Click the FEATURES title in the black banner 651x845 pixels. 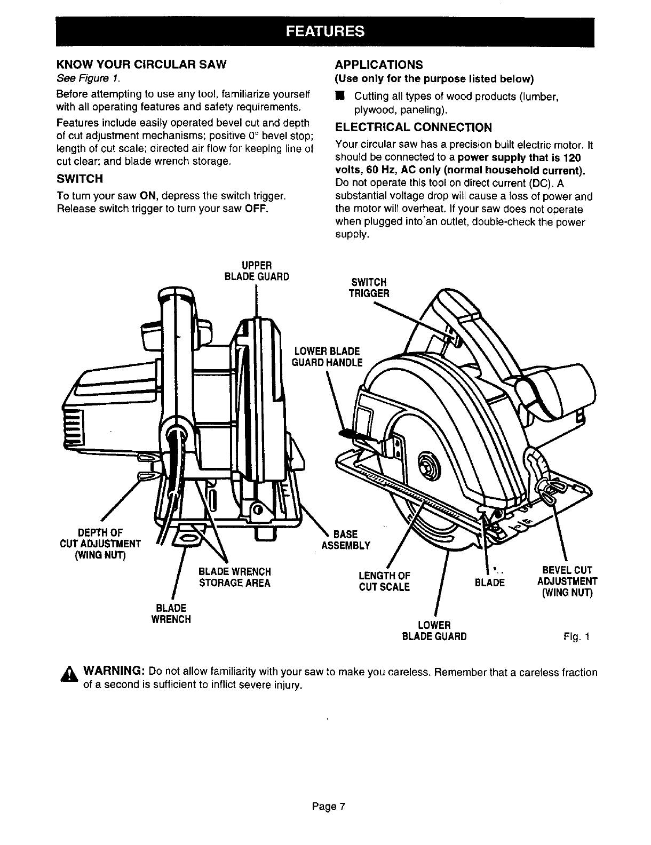point(325,31)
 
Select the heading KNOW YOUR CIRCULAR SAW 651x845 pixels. point(141,65)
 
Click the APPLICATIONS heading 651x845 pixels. point(378,65)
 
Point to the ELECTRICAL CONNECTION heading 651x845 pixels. point(413,127)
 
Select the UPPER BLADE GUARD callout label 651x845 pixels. point(258,270)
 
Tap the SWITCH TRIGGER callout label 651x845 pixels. point(369,288)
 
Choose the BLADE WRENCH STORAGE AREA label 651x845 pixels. point(234,577)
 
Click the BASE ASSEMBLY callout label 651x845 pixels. point(345,539)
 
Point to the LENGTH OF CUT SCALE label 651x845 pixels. point(384,581)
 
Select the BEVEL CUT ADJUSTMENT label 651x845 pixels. point(567,581)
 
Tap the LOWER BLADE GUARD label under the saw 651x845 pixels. point(435,631)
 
